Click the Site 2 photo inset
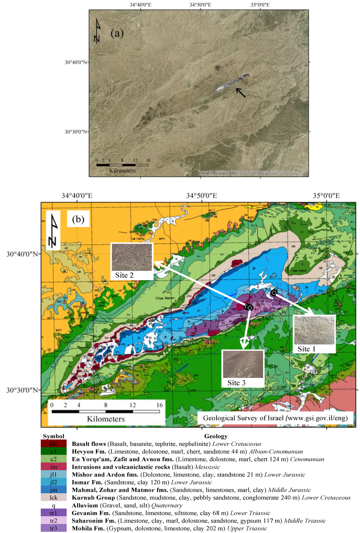click(x=132, y=257)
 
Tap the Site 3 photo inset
click(x=243, y=364)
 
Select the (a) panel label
click(x=117, y=34)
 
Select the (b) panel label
click(x=78, y=219)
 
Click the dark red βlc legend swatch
click(x=53, y=444)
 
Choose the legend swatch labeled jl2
click(x=53, y=482)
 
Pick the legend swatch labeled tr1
click(x=53, y=513)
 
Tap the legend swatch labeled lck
click(x=53, y=497)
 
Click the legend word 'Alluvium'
click(x=85, y=505)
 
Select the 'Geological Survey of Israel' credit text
click(x=275, y=418)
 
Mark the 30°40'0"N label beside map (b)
click(x=22, y=253)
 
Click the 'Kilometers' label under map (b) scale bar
click(x=106, y=419)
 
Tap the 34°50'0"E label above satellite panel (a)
click(x=200, y=5)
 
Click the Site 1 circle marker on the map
click(x=274, y=293)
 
